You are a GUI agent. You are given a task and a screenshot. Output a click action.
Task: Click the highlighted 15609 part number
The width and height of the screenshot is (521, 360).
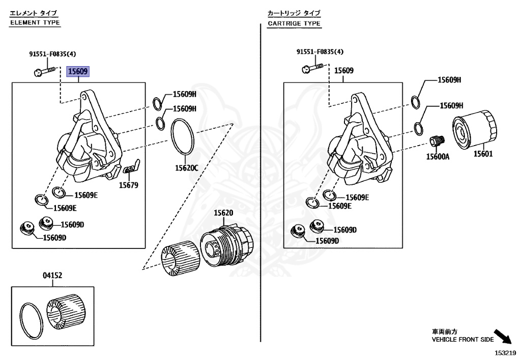(78, 71)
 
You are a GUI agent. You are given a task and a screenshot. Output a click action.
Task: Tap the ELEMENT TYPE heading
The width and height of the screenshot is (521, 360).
(35, 22)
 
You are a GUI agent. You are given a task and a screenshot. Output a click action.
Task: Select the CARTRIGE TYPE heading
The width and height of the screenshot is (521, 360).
(294, 23)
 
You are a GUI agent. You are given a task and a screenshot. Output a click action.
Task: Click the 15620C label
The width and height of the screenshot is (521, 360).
(186, 168)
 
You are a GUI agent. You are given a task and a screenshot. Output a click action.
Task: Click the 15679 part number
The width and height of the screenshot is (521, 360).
(129, 185)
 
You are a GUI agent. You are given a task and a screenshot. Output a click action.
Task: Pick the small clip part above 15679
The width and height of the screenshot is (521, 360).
(132, 167)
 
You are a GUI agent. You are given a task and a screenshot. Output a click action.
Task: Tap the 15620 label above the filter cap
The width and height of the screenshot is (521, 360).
(223, 213)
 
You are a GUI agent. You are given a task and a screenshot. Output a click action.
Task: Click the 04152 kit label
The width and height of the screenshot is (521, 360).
(52, 275)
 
